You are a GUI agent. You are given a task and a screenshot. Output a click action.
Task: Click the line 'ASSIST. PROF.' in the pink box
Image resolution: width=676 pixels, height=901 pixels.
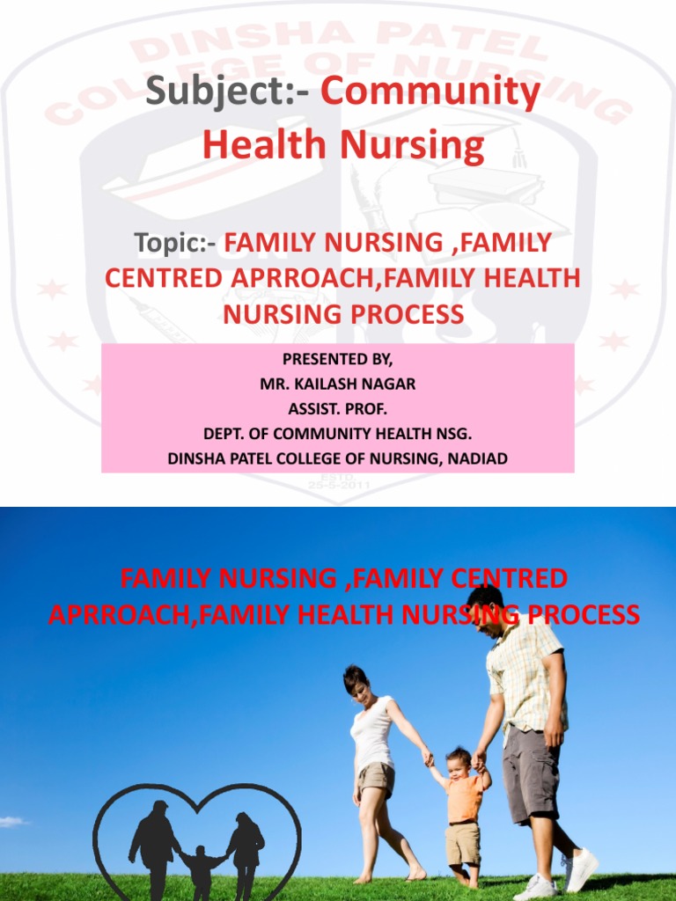click(x=339, y=409)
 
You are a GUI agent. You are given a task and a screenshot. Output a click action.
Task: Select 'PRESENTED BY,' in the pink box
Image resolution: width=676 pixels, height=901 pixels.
click(x=339, y=360)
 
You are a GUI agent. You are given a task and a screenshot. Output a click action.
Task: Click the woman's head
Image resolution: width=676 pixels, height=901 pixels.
click(x=356, y=681)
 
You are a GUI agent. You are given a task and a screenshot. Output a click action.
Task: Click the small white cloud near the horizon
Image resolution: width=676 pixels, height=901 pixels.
click(x=12, y=822)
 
